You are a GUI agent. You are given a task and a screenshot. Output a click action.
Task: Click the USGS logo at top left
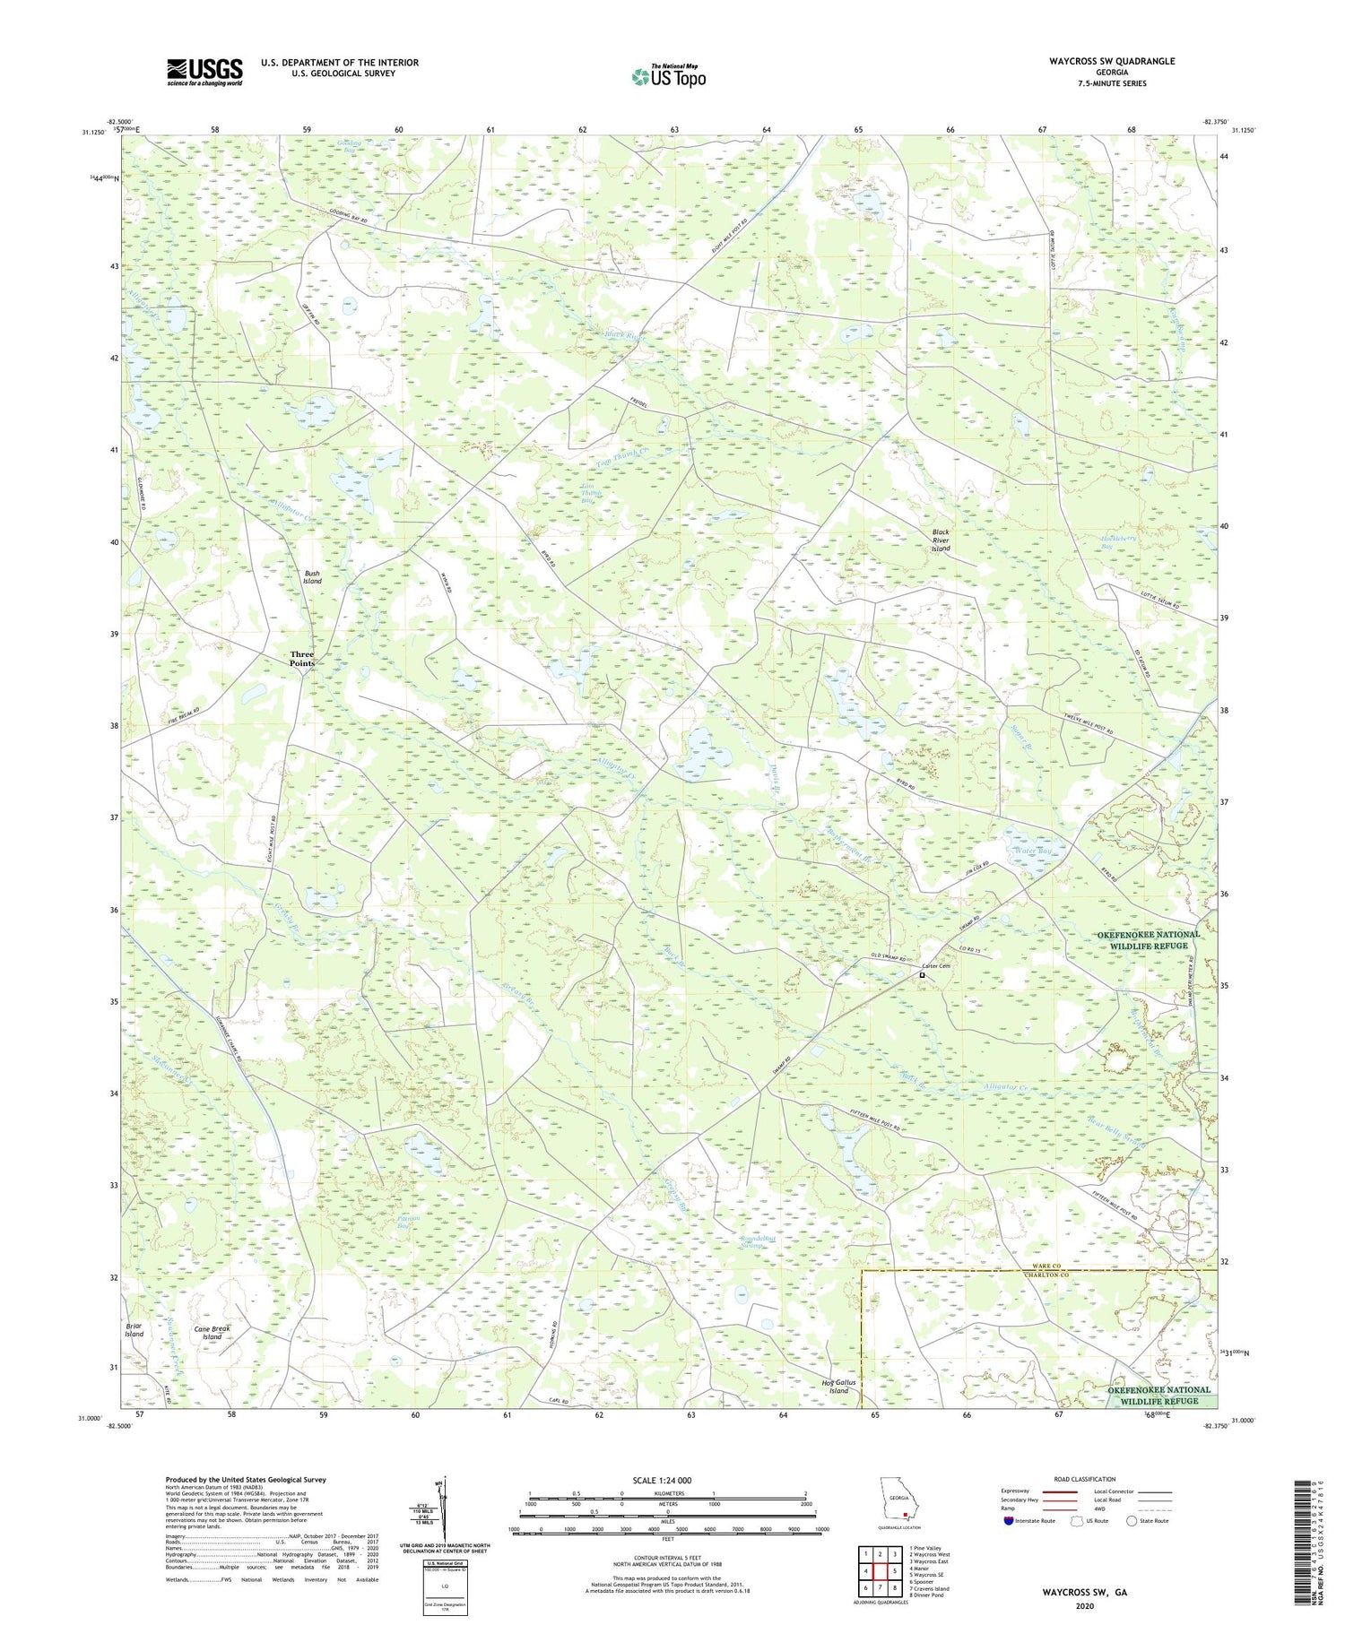click(204, 72)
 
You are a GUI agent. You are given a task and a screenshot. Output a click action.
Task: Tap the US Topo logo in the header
click(668, 77)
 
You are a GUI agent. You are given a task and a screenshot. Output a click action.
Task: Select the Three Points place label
click(302, 659)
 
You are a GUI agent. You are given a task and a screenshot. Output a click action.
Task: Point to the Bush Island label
click(312, 577)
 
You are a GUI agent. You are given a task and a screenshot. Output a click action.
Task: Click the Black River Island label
click(940, 540)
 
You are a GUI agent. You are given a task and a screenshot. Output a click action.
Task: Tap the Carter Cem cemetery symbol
click(922, 976)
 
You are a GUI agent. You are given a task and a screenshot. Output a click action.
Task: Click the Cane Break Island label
click(212, 1332)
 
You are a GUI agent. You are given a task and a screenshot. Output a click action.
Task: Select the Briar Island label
click(134, 1329)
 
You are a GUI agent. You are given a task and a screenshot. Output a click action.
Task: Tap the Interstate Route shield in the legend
click(1008, 1521)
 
